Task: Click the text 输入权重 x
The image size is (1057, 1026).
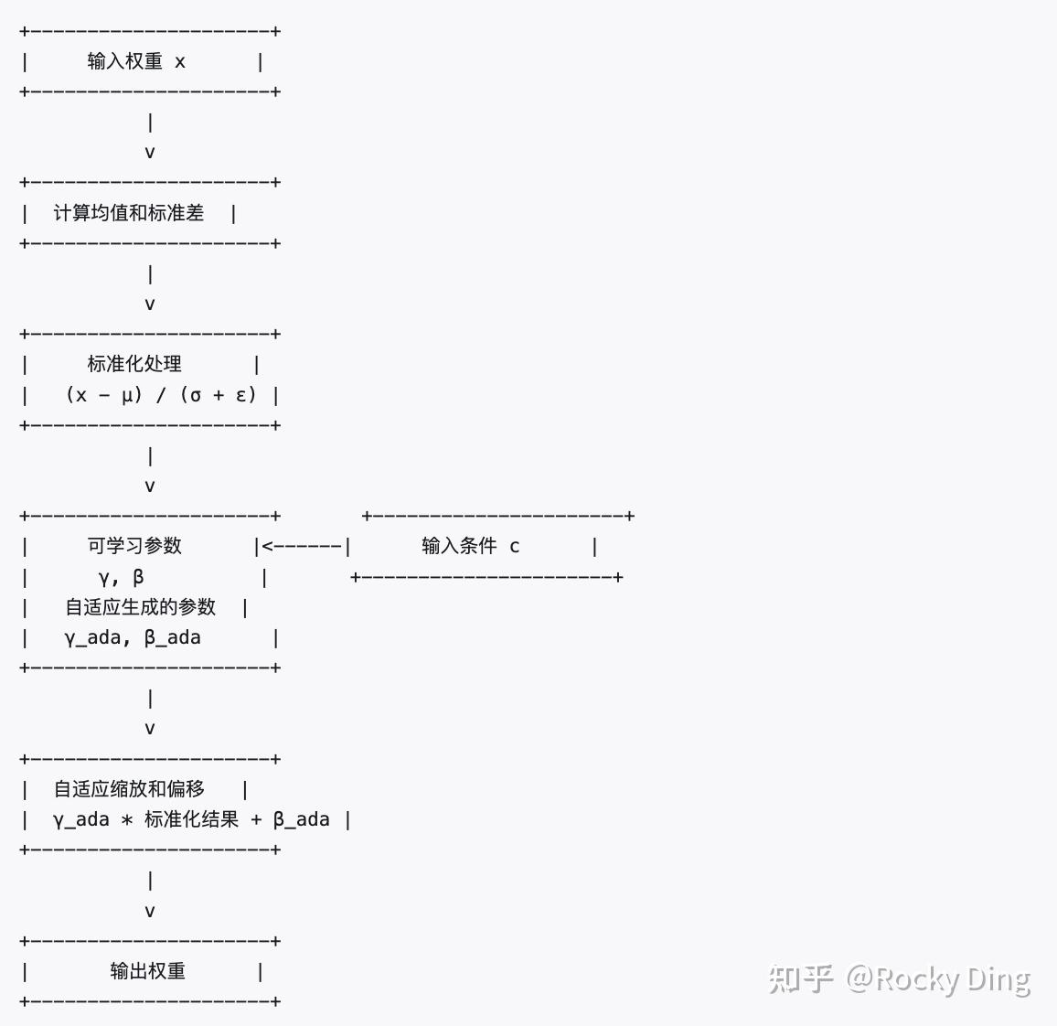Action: pos(136,61)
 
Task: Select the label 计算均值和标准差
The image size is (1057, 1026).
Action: pos(129,213)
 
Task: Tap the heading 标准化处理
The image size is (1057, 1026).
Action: pos(134,364)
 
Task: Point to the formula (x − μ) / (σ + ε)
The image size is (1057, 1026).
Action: pos(161,395)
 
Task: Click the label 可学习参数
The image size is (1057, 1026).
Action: pos(134,546)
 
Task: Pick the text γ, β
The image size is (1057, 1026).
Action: pos(121,577)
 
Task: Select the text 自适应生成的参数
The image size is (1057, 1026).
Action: pos(140,607)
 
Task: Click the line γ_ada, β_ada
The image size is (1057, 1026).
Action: pos(133,637)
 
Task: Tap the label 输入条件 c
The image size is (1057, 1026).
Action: pos(470,546)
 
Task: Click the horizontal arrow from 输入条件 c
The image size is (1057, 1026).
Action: pos(303,546)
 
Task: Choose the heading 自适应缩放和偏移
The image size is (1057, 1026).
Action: pos(129,789)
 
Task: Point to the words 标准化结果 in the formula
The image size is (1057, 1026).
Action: pos(191,819)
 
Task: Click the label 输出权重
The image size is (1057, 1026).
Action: pos(147,971)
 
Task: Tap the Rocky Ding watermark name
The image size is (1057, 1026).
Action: pos(953,979)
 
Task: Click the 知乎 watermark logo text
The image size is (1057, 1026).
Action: pos(800,979)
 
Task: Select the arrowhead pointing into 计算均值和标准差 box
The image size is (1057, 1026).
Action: pos(150,153)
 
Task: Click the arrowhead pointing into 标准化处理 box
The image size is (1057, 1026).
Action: pos(150,305)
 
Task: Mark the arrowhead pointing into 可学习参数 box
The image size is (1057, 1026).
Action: pos(150,486)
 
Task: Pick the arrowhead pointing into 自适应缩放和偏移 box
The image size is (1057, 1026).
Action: pos(150,729)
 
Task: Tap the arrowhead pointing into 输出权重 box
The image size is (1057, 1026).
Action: pos(150,912)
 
